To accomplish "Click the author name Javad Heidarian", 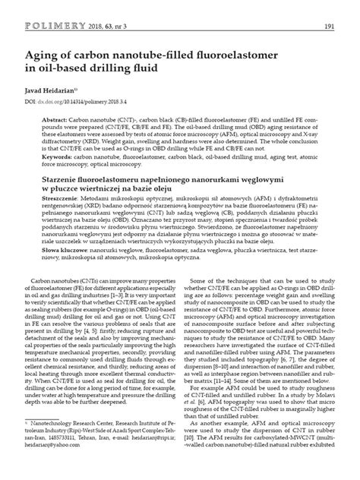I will pos(52,89).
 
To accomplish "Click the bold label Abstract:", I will pos(62,121).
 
